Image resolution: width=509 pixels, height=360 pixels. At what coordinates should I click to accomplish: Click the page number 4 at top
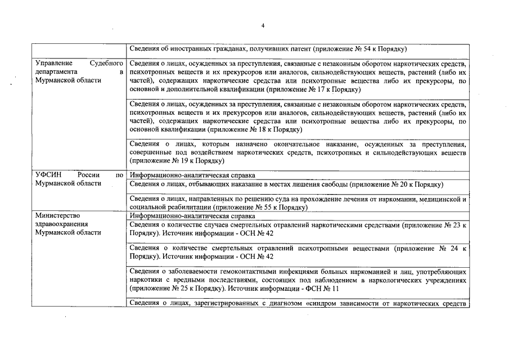tap(263, 25)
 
